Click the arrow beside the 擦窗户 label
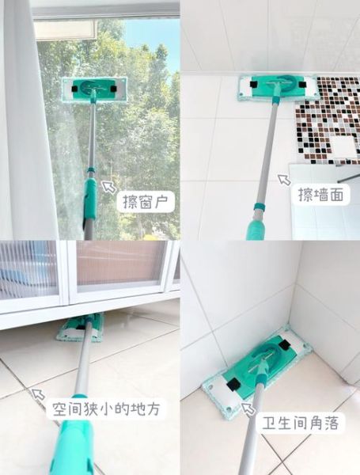(108, 187)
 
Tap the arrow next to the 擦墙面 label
(283, 181)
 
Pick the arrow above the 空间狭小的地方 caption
(38, 393)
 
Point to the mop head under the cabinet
(79, 326)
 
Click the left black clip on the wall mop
(251, 83)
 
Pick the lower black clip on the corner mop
(233, 385)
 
